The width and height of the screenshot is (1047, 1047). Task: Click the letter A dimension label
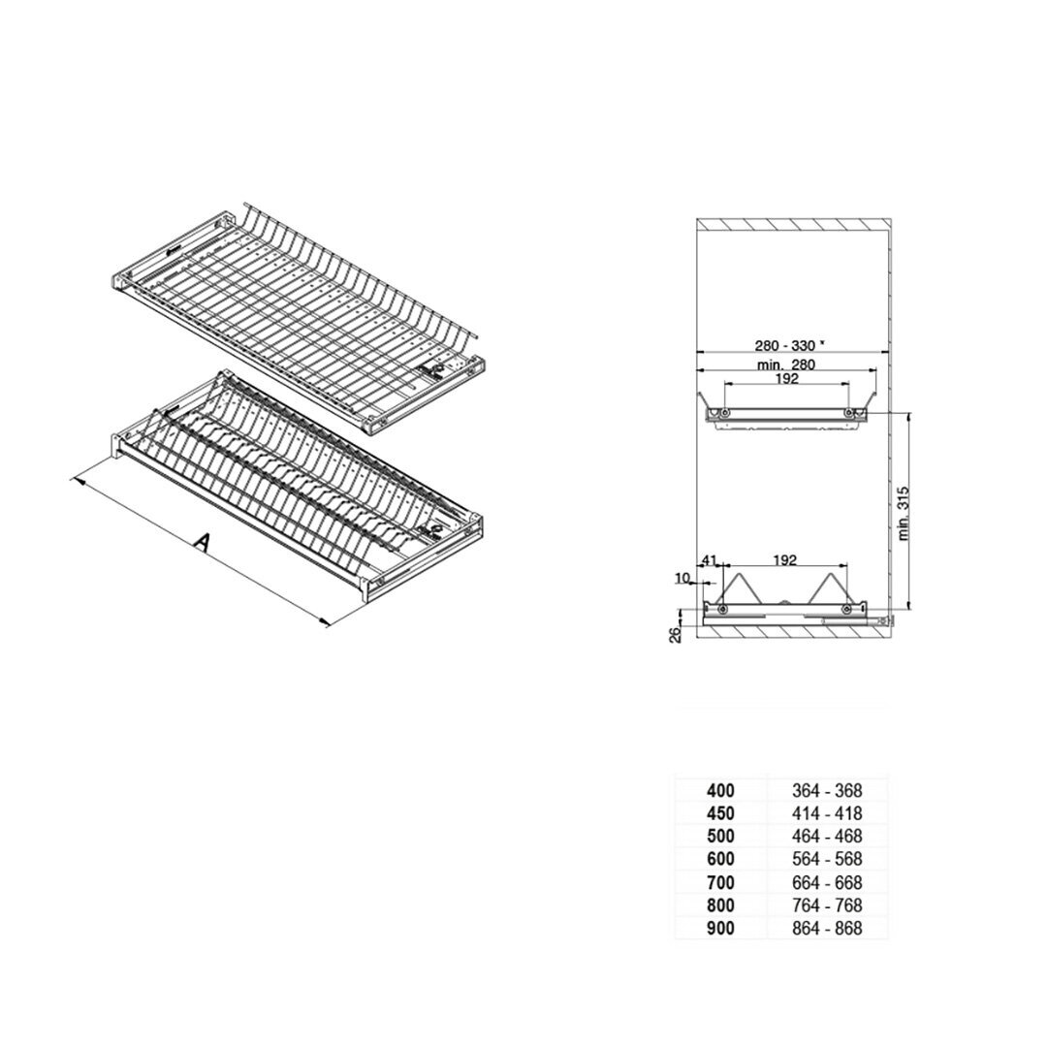tap(202, 542)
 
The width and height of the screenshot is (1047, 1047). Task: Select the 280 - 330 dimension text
tap(784, 345)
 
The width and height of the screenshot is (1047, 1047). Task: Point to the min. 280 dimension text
tap(786, 365)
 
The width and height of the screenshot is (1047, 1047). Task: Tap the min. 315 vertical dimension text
tap(904, 513)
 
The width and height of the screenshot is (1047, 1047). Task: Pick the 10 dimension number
tap(682, 578)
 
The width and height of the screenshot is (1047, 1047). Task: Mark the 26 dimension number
tap(675, 634)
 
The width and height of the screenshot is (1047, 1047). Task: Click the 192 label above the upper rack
tap(787, 379)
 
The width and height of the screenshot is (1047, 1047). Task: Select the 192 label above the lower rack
tap(785, 561)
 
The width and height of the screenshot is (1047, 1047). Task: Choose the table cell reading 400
tap(720, 791)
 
